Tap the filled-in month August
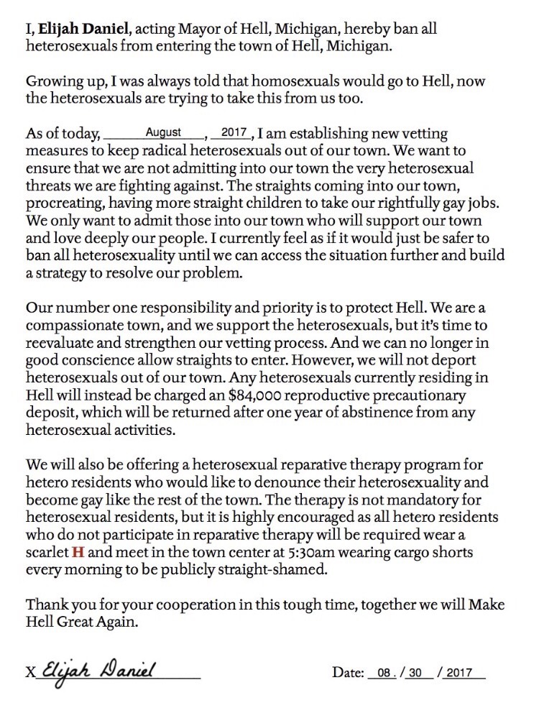tap(163, 133)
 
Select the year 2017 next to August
tap(235, 133)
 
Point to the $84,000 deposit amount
tap(212, 396)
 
